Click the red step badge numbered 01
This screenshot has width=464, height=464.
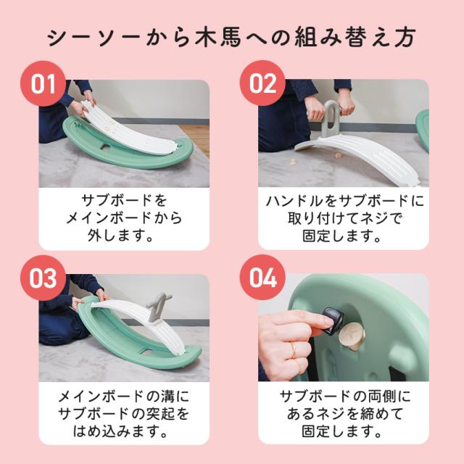pos(43,84)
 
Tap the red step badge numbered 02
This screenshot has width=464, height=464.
pos(262,84)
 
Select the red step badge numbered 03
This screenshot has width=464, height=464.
pos(43,278)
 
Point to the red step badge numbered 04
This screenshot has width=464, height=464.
pos(262,278)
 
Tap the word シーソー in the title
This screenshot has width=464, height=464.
pos(94,38)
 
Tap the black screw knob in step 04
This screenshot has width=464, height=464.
pos(333,321)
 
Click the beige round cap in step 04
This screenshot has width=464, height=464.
pos(352,337)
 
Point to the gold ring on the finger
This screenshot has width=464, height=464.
pos(293,351)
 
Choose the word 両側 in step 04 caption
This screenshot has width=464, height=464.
pos(382,397)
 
